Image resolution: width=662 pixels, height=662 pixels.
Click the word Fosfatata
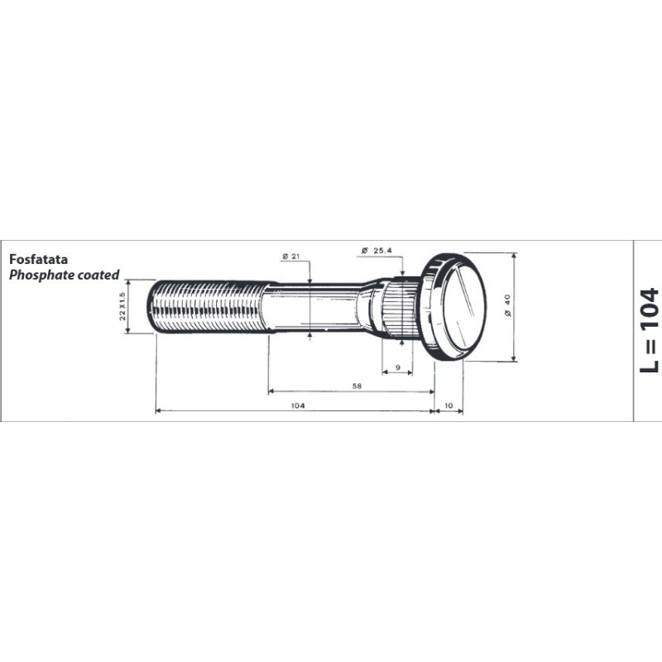coord(38,259)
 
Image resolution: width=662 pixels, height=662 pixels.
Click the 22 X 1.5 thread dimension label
coord(122,306)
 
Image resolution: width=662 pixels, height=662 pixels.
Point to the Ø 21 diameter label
coord(291,257)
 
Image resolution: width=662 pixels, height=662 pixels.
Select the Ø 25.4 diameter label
coord(377,251)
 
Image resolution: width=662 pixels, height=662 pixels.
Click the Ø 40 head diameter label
coord(507,305)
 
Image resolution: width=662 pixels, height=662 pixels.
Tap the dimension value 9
coord(398,367)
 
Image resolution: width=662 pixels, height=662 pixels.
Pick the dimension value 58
coord(357,386)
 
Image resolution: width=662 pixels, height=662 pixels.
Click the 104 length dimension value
coord(298,405)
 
